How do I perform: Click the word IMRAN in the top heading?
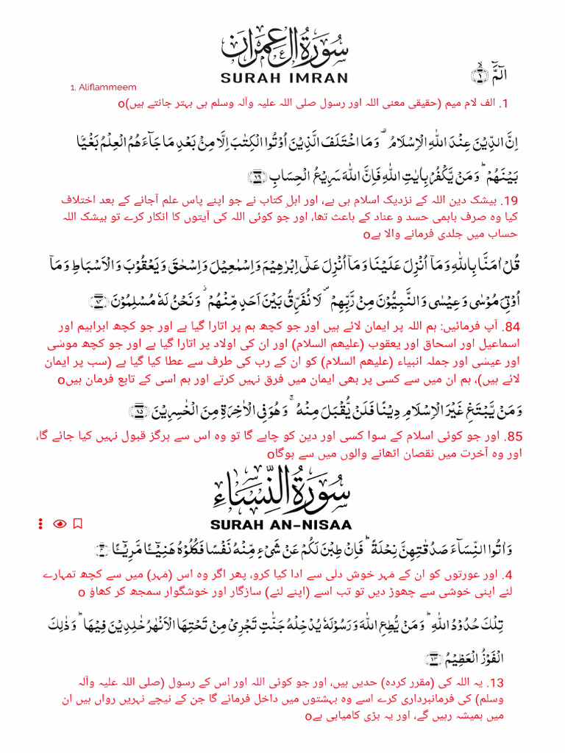click(x=308, y=77)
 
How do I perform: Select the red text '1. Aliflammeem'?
click(x=104, y=88)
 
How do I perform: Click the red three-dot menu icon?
click(x=41, y=524)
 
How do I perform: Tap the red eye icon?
click(x=60, y=524)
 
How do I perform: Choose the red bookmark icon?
click(x=78, y=524)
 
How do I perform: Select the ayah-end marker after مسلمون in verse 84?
click(x=98, y=301)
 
